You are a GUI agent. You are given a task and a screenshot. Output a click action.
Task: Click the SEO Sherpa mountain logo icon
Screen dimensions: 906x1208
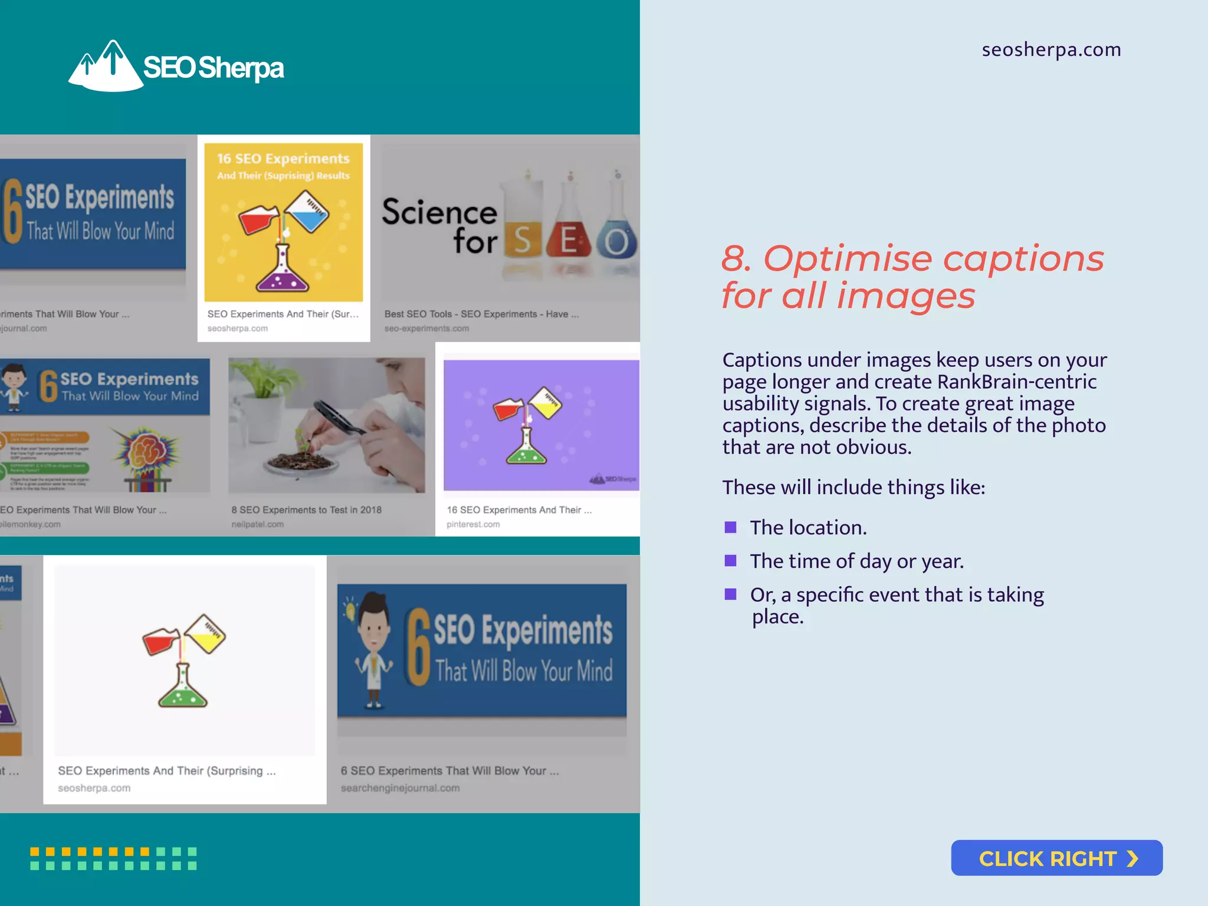(x=106, y=66)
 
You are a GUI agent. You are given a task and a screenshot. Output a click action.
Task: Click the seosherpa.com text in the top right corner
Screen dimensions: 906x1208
(x=1051, y=50)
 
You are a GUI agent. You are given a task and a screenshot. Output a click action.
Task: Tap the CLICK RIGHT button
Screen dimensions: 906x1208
(x=1056, y=858)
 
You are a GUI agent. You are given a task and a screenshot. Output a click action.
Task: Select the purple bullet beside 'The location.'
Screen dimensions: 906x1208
(x=730, y=527)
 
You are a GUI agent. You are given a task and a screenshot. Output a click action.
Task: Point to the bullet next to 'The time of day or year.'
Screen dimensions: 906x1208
(x=730, y=560)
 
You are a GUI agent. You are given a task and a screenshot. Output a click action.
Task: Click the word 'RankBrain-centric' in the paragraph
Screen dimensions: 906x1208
(x=1016, y=382)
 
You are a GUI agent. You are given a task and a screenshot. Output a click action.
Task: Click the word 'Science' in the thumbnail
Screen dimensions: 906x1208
(x=439, y=212)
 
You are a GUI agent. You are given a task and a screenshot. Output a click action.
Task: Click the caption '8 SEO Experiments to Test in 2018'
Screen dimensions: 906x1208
(x=306, y=510)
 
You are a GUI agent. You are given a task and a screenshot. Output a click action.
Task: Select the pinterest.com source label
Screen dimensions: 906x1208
(x=473, y=524)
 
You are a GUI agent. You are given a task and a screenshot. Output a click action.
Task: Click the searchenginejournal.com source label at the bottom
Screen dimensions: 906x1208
(x=400, y=788)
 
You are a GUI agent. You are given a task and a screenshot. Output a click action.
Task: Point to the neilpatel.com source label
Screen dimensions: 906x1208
(x=257, y=524)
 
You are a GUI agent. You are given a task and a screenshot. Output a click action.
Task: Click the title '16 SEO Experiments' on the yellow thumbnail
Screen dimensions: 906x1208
(x=283, y=159)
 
